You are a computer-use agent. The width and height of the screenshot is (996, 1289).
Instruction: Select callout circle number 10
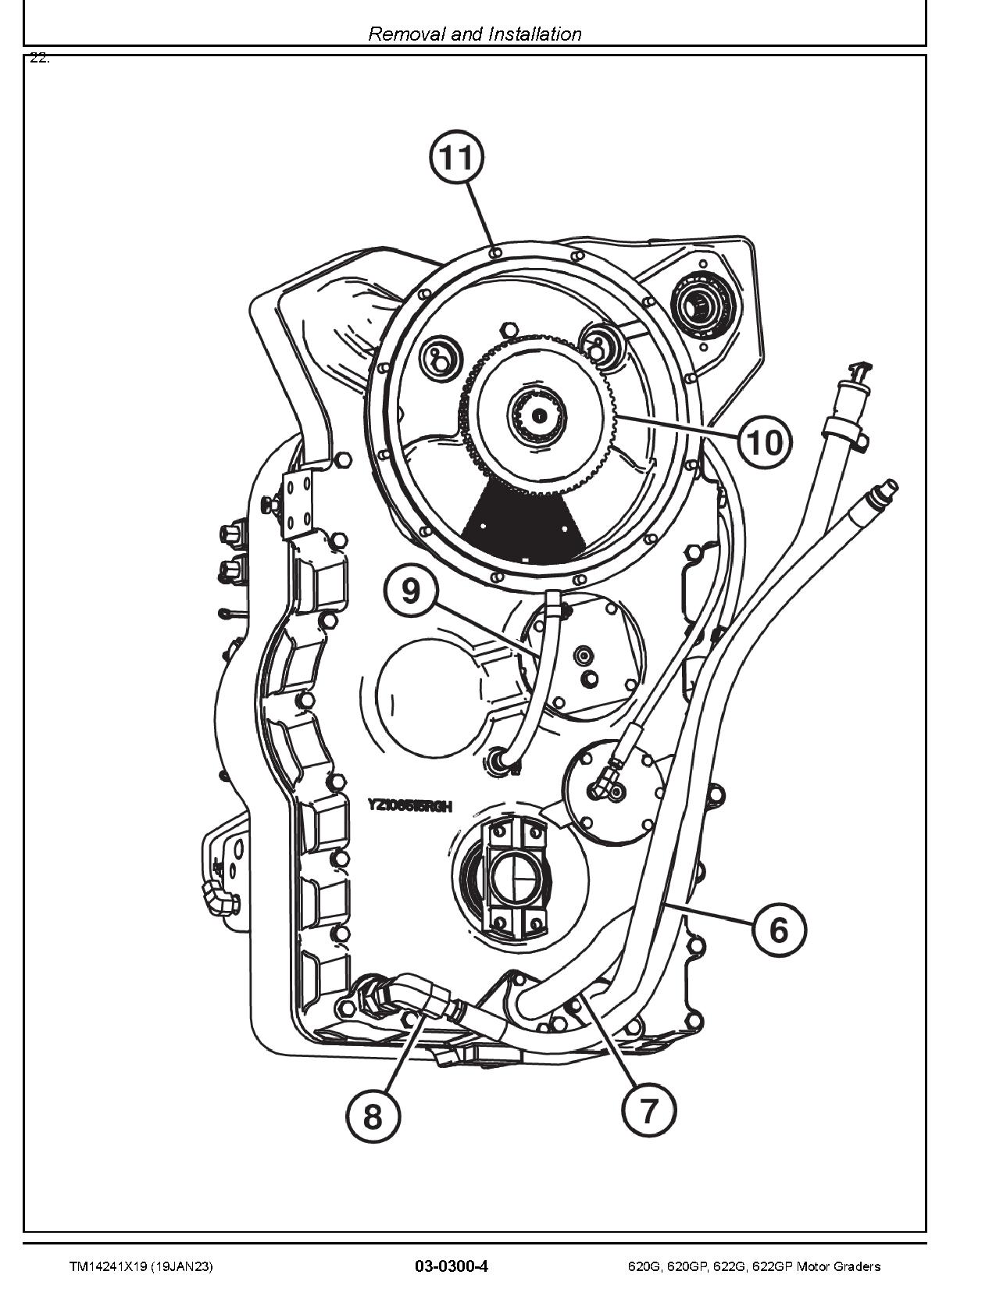pos(766,442)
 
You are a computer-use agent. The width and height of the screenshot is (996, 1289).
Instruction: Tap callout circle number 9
pos(412,590)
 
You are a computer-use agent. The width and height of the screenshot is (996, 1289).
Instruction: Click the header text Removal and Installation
pos(474,34)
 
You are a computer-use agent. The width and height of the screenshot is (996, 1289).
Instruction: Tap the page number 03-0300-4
pos(452,1266)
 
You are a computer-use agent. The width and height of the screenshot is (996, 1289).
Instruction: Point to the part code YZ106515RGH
pos(410,805)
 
